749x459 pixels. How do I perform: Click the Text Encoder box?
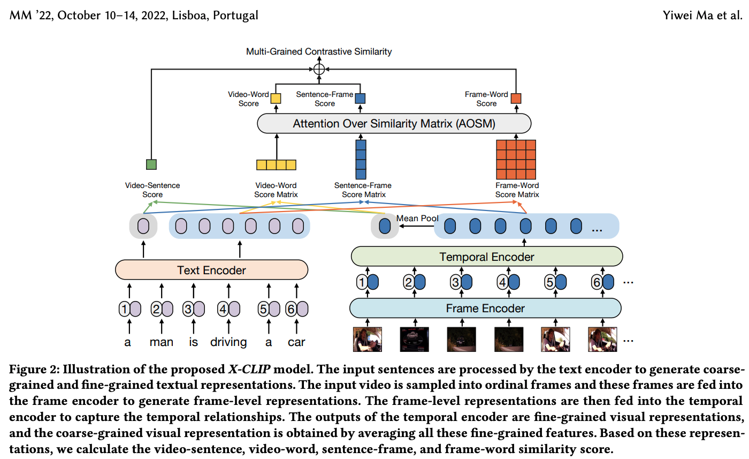pyautogui.click(x=211, y=270)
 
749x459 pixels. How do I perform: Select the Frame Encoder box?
pyautogui.click(x=485, y=308)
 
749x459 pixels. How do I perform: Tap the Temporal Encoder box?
pyautogui.click(x=486, y=257)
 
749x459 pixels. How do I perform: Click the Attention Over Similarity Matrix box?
pyautogui.click(x=394, y=124)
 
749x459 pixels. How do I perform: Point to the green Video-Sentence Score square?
pyautogui.click(x=151, y=164)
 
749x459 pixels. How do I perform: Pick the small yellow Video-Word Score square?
pyautogui.click(x=276, y=99)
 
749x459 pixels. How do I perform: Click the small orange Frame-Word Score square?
pyautogui.click(x=516, y=99)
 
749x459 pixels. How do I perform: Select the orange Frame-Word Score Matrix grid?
pyautogui.click(x=516, y=159)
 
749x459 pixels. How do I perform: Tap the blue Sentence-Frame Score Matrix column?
pyautogui.click(x=361, y=159)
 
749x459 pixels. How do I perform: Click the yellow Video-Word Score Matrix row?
pyautogui.click(x=276, y=164)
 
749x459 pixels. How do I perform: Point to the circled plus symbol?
pyautogui.click(x=319, y=69)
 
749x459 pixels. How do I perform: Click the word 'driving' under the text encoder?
pyautogui.click(x=228, y=342)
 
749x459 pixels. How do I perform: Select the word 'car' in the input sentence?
pyautogui.click(x=296, y=342)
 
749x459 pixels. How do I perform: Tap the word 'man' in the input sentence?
pyautogui.click(x=161, y=342)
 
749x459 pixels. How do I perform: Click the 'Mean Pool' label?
pyautogui.click(x=417, y=219)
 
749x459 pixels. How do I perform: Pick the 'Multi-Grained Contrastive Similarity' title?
pyautogui.click(x=319, y=51)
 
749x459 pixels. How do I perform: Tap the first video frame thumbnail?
pyautogui.click(x=367, y=338)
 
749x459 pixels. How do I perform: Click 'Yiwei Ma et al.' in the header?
pyautogui.click(x=702, y=15)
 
